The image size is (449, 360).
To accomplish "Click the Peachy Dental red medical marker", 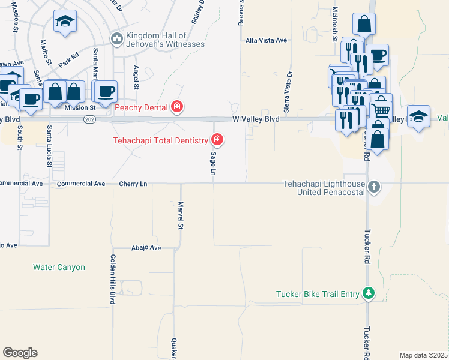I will (177, 107).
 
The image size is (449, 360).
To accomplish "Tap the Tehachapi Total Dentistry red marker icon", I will (217, 140).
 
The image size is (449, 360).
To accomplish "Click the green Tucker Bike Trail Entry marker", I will (369, 293).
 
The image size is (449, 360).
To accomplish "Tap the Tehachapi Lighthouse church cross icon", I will (373, 187).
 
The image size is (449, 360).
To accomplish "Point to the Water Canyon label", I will (59, 267).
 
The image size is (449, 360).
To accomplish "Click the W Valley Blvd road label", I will (256, 119).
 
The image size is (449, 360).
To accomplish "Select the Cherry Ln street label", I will (133, 184).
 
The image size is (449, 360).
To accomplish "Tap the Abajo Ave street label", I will (146, 247).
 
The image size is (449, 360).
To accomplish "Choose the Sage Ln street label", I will (212, 163).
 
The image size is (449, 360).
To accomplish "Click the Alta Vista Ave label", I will (267, 40).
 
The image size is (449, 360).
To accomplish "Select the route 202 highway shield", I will (89, 119).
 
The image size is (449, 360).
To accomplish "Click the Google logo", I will (20, 352).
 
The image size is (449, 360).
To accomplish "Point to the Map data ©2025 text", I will (423, 355).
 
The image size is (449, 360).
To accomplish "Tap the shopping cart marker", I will (381, 109).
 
